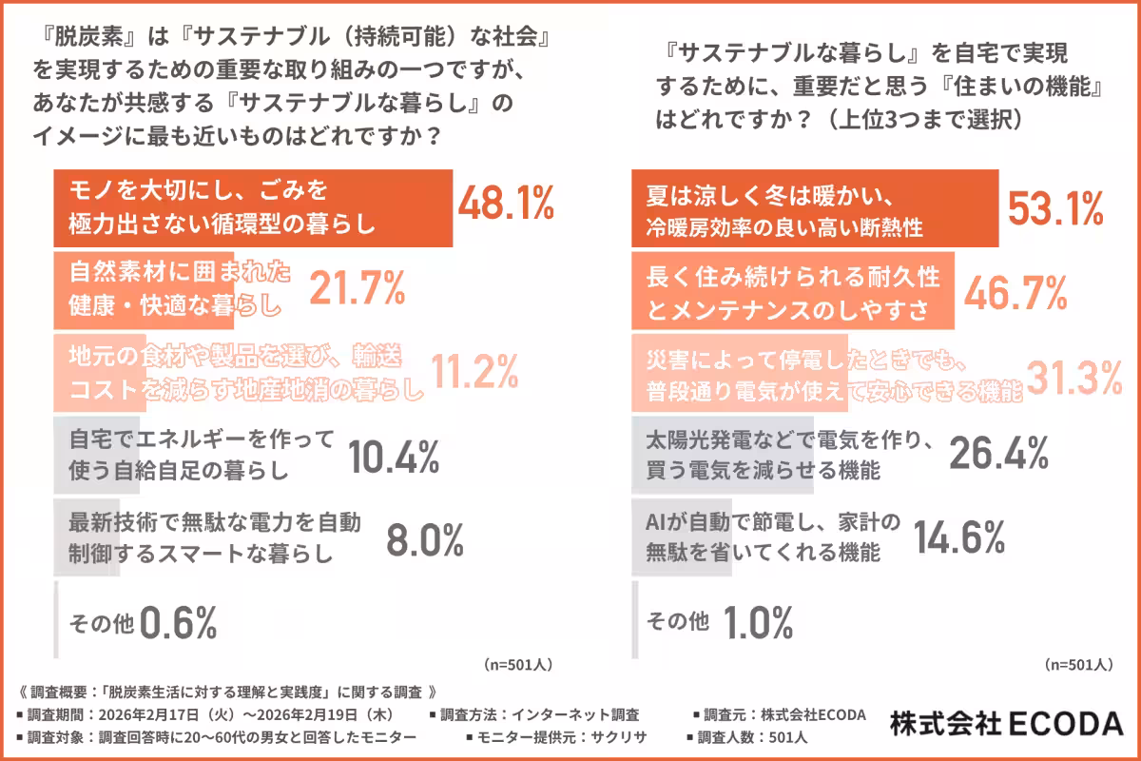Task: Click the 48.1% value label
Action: point(506,205)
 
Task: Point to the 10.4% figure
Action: point(394,457)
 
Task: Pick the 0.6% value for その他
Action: point(179,623)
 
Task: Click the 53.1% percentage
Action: point(1055,207)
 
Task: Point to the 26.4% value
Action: point(999,455)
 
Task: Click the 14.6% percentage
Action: point(959,537)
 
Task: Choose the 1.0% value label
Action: point(758,623)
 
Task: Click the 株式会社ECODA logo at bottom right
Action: point(1006,724)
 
